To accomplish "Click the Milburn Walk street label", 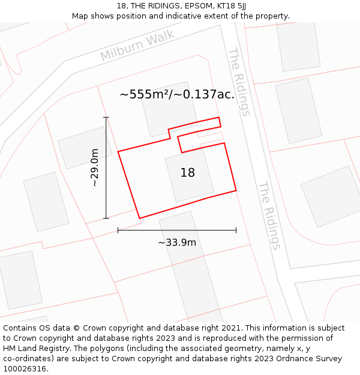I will click(137, 45).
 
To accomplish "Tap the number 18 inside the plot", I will click(188, 173).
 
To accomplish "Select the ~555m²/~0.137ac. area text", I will click(177, 94).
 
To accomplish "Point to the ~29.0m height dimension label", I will click(95, 168).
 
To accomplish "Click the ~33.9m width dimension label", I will click(177, 242).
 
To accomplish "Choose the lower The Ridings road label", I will click(269, 215).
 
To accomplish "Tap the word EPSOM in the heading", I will click(178, 6).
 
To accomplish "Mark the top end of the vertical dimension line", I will click(106, 118).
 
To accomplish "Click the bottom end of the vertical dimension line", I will click(106, 218).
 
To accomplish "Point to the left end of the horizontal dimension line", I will click(118, 230).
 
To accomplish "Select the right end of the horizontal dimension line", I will click(236, 230).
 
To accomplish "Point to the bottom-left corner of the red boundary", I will click(140, 218).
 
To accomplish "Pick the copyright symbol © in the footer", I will click(77, 328).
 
